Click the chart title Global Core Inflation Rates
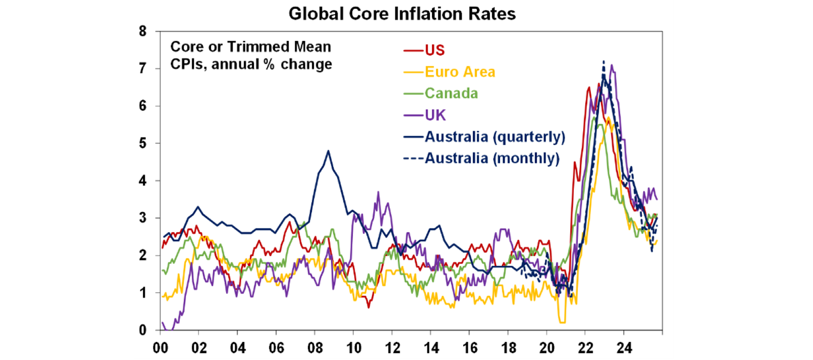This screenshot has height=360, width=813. [x=402, y=14]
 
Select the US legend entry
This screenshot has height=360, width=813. [x=435, y=50]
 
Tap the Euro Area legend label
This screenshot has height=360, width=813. [x=459, y=71]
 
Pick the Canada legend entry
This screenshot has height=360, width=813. [x=451, y=93]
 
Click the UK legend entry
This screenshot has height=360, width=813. [x=434, y=114]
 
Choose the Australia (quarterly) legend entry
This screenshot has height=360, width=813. [x=495, y=136]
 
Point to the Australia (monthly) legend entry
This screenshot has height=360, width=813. [x=492, y=158]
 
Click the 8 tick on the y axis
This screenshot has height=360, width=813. [x=142, y=31]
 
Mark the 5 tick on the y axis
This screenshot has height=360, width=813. [x=142, y=143]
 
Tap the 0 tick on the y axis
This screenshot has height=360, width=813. [x=142, y=330]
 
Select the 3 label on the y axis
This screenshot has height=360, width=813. [x=142, y=218]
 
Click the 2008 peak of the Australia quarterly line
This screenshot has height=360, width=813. [x=328, y=151]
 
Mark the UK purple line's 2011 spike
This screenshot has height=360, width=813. [x=378, y=192]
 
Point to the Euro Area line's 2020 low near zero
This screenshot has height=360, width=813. [x=562, y=322]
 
